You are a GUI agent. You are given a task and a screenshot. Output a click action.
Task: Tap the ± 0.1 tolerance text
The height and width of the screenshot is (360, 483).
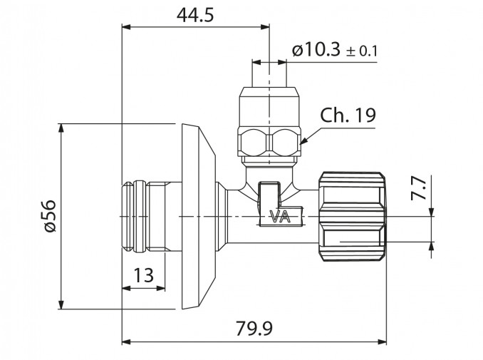click(362, 51)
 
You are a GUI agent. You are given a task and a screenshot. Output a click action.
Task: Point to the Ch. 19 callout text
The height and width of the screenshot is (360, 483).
click(348, 115)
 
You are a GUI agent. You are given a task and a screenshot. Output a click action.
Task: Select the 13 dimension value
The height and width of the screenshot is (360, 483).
click(143, 274)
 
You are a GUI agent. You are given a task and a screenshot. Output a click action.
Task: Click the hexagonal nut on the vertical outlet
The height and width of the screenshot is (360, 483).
click(269, 142)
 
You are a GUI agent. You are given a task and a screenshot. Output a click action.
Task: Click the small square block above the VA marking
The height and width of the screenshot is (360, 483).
click(269, 195)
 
